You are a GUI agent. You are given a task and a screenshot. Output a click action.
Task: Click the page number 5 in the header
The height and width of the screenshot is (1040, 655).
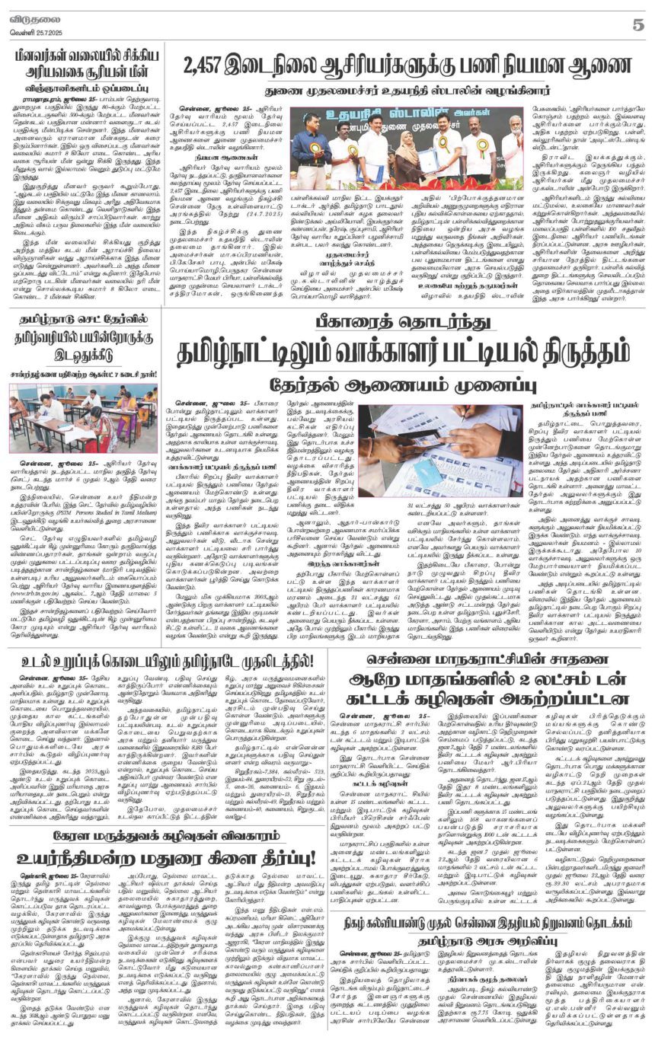point(637,24)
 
